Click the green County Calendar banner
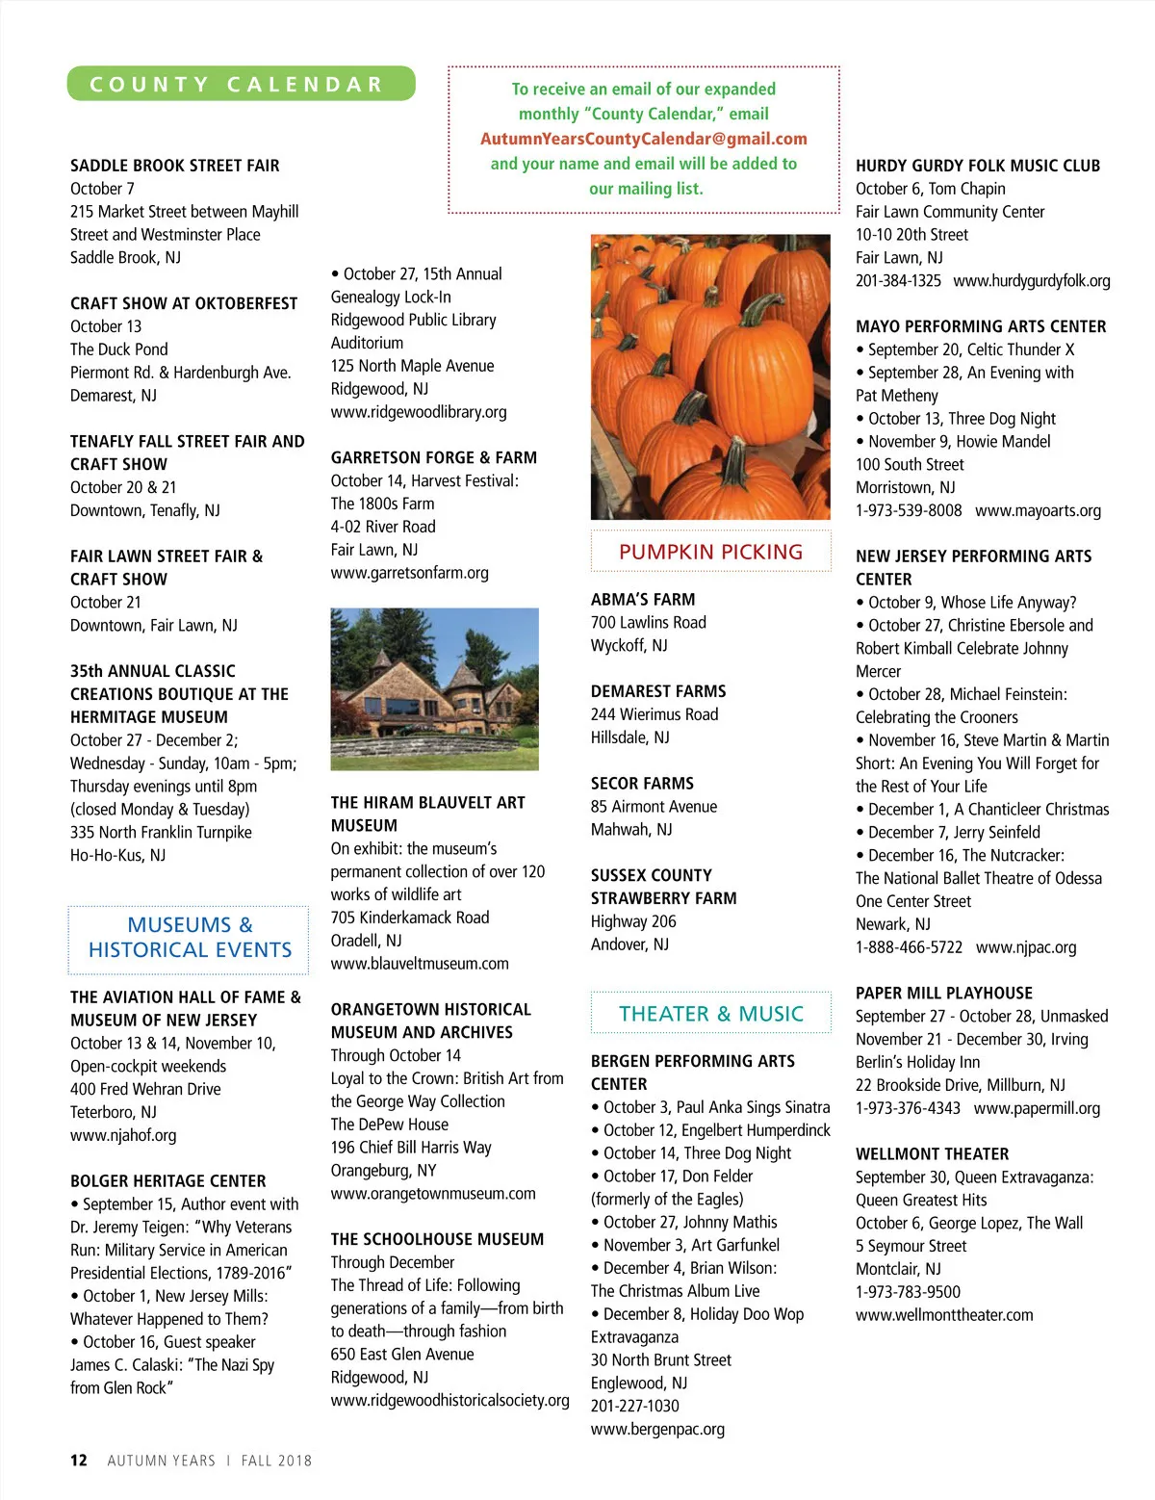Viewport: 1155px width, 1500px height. click(241, 84)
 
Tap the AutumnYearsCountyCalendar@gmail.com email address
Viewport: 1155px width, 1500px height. click(643, 139)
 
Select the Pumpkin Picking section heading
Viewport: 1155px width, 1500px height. click(710, 552)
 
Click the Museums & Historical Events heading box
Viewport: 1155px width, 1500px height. click(190, 938)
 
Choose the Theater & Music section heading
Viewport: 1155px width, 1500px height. click(710, 1014)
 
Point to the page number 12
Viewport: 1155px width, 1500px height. click(78, 1460)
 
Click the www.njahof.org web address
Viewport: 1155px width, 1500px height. click(123, 1135)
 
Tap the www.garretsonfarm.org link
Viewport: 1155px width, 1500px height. click(409, 573)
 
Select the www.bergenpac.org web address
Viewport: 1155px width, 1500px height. click(657, 1429)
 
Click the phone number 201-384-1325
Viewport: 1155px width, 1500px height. click(898, 281)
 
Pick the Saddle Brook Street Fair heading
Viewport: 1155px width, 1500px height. click(174, 166)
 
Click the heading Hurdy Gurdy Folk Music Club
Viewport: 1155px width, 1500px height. click(977, 166)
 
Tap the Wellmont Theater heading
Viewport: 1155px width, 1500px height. click(932, 1153)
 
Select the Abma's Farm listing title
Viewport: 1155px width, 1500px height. click(642, 599)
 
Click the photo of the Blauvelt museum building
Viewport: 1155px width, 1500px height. click(434, 688)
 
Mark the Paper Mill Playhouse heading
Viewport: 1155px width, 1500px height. click(943, 993)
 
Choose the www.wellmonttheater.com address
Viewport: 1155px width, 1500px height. click(944, 1315)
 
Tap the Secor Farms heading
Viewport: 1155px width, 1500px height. click(642, 784)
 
